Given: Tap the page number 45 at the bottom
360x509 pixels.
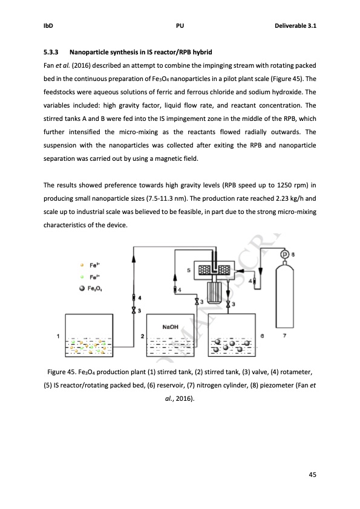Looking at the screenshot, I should (312, 473).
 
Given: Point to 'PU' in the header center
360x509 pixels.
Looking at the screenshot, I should (180, 26).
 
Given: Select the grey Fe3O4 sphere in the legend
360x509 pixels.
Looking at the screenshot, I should (82, 287).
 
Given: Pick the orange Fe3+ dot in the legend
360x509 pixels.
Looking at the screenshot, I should (82, 265).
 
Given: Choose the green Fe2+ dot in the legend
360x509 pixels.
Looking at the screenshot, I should (82, 276).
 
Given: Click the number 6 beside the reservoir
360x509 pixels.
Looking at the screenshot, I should (261, 336).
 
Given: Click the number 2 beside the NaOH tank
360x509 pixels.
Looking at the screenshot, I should (142, 336).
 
